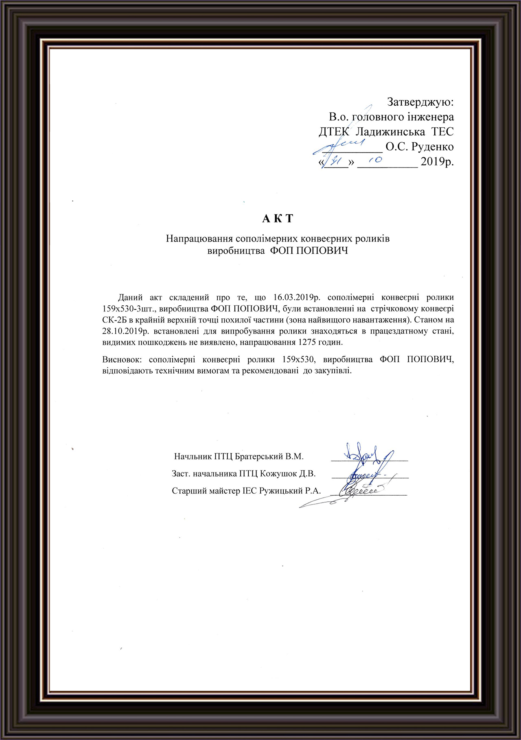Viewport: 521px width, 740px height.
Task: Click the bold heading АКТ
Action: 278,219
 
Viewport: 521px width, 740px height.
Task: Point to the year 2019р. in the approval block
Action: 437,162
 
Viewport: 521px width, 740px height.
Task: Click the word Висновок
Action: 123,359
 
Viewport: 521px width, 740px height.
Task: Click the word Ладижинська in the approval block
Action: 388,132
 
